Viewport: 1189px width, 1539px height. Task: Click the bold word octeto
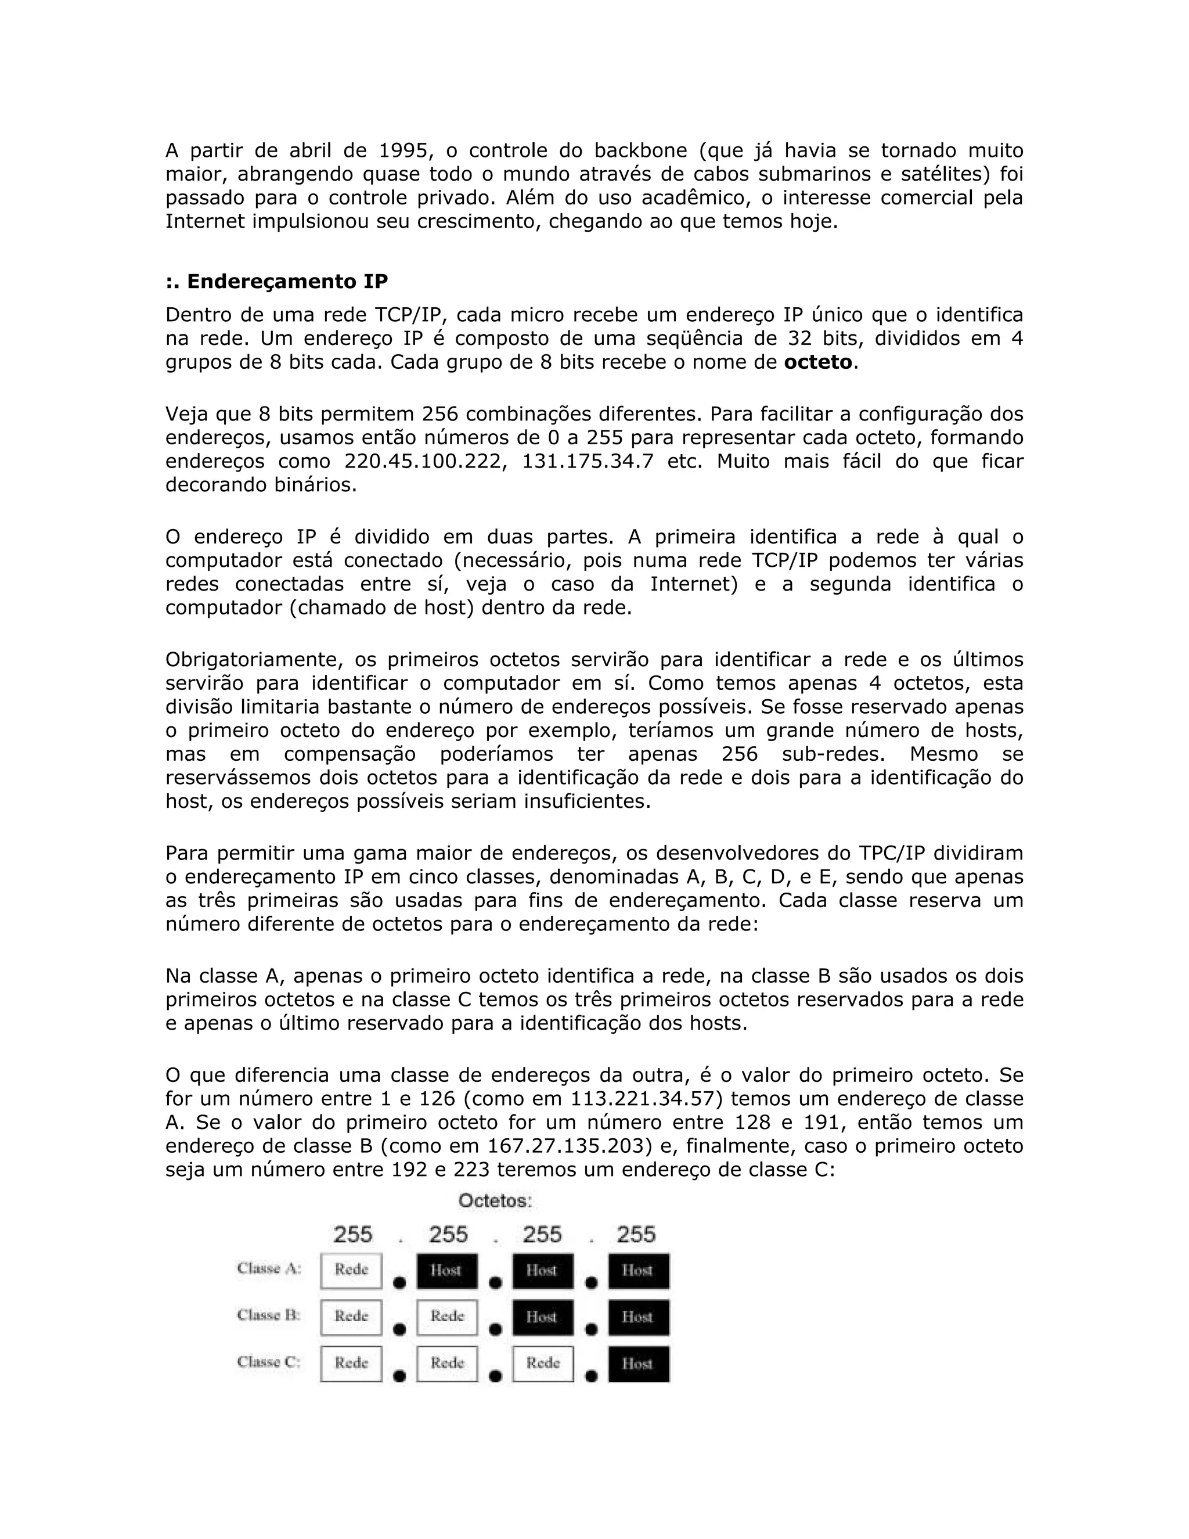pos(818,362)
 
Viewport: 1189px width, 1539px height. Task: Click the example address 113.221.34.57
pos(647,1099)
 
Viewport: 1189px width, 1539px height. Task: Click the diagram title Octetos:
pos(495,1201)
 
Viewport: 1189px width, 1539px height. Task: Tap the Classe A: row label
pos(269,1268)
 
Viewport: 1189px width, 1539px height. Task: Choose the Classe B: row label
pos(269,1315)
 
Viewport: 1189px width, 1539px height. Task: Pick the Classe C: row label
pos(269,1361)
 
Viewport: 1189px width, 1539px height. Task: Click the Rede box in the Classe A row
pos(351,1270)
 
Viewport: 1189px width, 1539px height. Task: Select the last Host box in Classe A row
pos(638,1270)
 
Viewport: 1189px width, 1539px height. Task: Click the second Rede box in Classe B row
pos(447,1317)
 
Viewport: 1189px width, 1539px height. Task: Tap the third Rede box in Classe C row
pos(542,1363)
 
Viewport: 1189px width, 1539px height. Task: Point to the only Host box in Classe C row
pos(638,1363)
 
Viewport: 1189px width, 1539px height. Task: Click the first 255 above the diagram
pos(352,1235)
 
